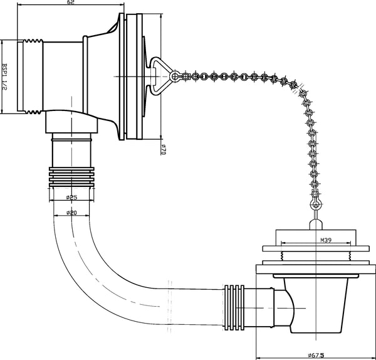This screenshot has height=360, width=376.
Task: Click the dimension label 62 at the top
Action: click(71, 2)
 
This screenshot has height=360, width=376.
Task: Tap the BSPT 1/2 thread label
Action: click(4, 77)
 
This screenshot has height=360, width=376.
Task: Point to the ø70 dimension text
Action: click(164, 149)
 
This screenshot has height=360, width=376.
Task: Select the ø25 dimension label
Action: click(71, 198)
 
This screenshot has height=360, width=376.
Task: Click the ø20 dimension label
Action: click(71, 213)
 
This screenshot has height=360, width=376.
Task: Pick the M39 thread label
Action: click(326, 240)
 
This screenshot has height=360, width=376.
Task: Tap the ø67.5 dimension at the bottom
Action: click(316, 355)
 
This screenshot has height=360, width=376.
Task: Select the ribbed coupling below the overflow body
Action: click(71, 177)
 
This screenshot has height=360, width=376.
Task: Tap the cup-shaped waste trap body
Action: click(316, 305)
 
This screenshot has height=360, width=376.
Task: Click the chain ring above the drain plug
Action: click(316, 205)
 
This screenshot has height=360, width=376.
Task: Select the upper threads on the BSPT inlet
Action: click(33, 41)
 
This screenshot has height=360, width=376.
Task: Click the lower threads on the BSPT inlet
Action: click(33, 112)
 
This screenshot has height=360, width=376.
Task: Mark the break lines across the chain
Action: click(298, 88)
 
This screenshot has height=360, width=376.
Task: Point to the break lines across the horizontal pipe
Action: click(170, 307)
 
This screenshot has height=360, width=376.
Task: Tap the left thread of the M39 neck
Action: click(282, 256)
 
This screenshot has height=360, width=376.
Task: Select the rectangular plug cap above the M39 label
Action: click(316, 238)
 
